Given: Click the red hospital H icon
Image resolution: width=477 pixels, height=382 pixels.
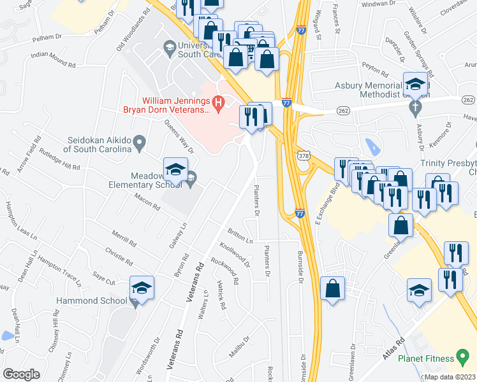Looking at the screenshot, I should pos(219,101).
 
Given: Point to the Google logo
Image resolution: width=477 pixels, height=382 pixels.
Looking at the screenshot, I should pos(21,374).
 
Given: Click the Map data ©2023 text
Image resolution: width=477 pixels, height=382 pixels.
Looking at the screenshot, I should pos(450,377).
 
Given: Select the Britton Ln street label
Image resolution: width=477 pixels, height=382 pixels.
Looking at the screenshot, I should pos(240,237).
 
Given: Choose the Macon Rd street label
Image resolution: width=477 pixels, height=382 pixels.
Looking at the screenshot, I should pos(147,203).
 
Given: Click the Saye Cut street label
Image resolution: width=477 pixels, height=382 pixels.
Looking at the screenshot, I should pos(104,279).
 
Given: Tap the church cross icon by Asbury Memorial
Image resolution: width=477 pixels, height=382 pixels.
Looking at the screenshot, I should pos(415,106).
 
